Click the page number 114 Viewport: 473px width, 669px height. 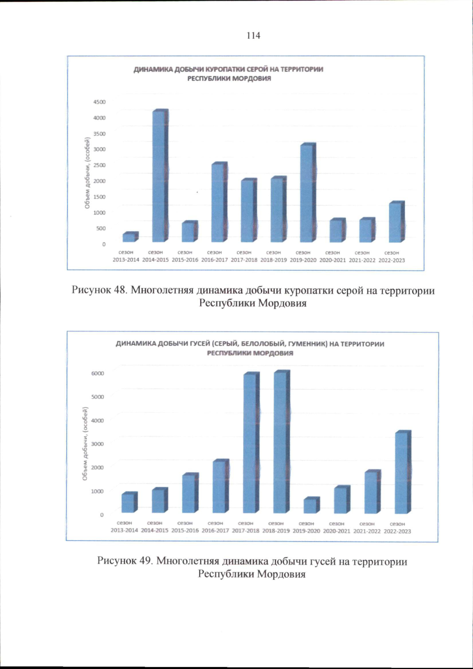(253, 36)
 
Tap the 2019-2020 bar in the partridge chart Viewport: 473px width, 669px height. (307, 193)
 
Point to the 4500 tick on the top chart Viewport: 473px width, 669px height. (99, 102)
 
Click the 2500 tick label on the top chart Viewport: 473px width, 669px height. (99, 165)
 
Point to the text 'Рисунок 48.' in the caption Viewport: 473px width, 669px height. (99, 290)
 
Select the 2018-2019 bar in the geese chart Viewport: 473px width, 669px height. (281, 442)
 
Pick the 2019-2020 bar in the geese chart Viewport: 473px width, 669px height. (311, 506)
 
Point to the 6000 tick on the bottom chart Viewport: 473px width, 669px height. (98, 373)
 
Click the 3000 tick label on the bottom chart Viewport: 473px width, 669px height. (98, 444)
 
